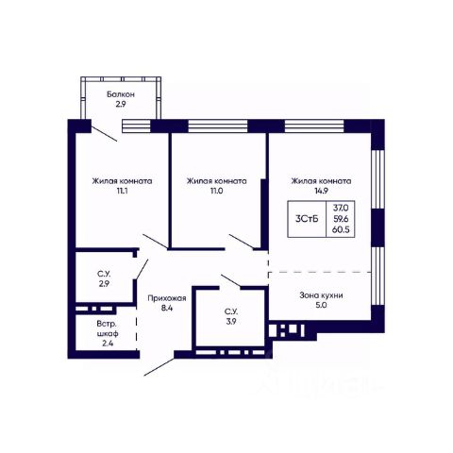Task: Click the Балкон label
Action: click(x=121, y=94)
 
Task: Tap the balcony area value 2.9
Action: click(x=121, y=104)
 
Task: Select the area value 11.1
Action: click(x=122, y=191)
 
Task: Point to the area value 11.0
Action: click(x=217, y=191)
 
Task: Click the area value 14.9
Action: click(x=322, y=191)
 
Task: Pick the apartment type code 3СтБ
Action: click(x=307, y=219)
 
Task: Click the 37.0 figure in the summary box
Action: click(x=341, y=208)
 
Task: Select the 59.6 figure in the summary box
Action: click(x=341, y=219)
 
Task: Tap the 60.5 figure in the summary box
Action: click(x=341, y=229)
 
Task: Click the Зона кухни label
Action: click(x=321, y=295)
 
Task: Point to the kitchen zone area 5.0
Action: click(x=321, y=305)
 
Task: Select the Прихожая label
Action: click(x=167, y=298)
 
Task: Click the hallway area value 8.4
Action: click(x=167, y=308)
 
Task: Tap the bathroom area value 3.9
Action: click(x=231, y=322)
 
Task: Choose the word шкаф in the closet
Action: click(x=108, y=333)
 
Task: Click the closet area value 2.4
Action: click(x=108, y=344)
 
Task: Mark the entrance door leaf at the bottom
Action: click(x=159, y=366)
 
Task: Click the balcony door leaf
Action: click(x=105, y=134)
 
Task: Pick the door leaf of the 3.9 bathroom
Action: click(x=231, y=281)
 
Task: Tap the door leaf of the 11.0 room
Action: click(x=242, y=242)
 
